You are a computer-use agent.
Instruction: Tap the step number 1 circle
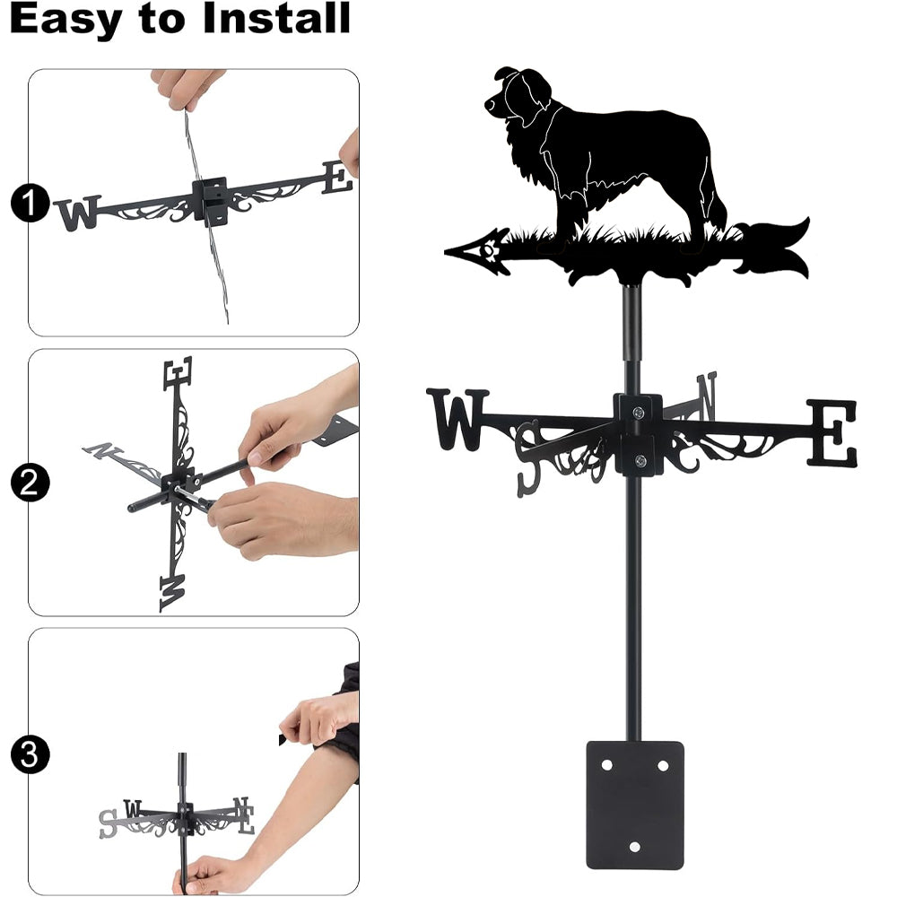point(30,203)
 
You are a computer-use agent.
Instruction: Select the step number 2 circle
point(30,483)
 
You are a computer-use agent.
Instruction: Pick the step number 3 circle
point(30,754)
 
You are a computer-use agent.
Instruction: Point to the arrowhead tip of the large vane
point(446,251)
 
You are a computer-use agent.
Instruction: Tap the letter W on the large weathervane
point(457,419)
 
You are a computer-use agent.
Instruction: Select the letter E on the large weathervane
point(832,432)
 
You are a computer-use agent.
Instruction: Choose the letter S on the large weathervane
point(528,458)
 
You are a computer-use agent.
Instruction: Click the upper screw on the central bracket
point(639,412)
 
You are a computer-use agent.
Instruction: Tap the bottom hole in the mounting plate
point(634,847)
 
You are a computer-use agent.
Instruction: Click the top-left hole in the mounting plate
point(606,765)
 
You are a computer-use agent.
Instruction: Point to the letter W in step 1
point(78,213)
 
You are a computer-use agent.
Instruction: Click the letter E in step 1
point(337,178)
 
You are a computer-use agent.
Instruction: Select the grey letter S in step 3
point(109,824)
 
